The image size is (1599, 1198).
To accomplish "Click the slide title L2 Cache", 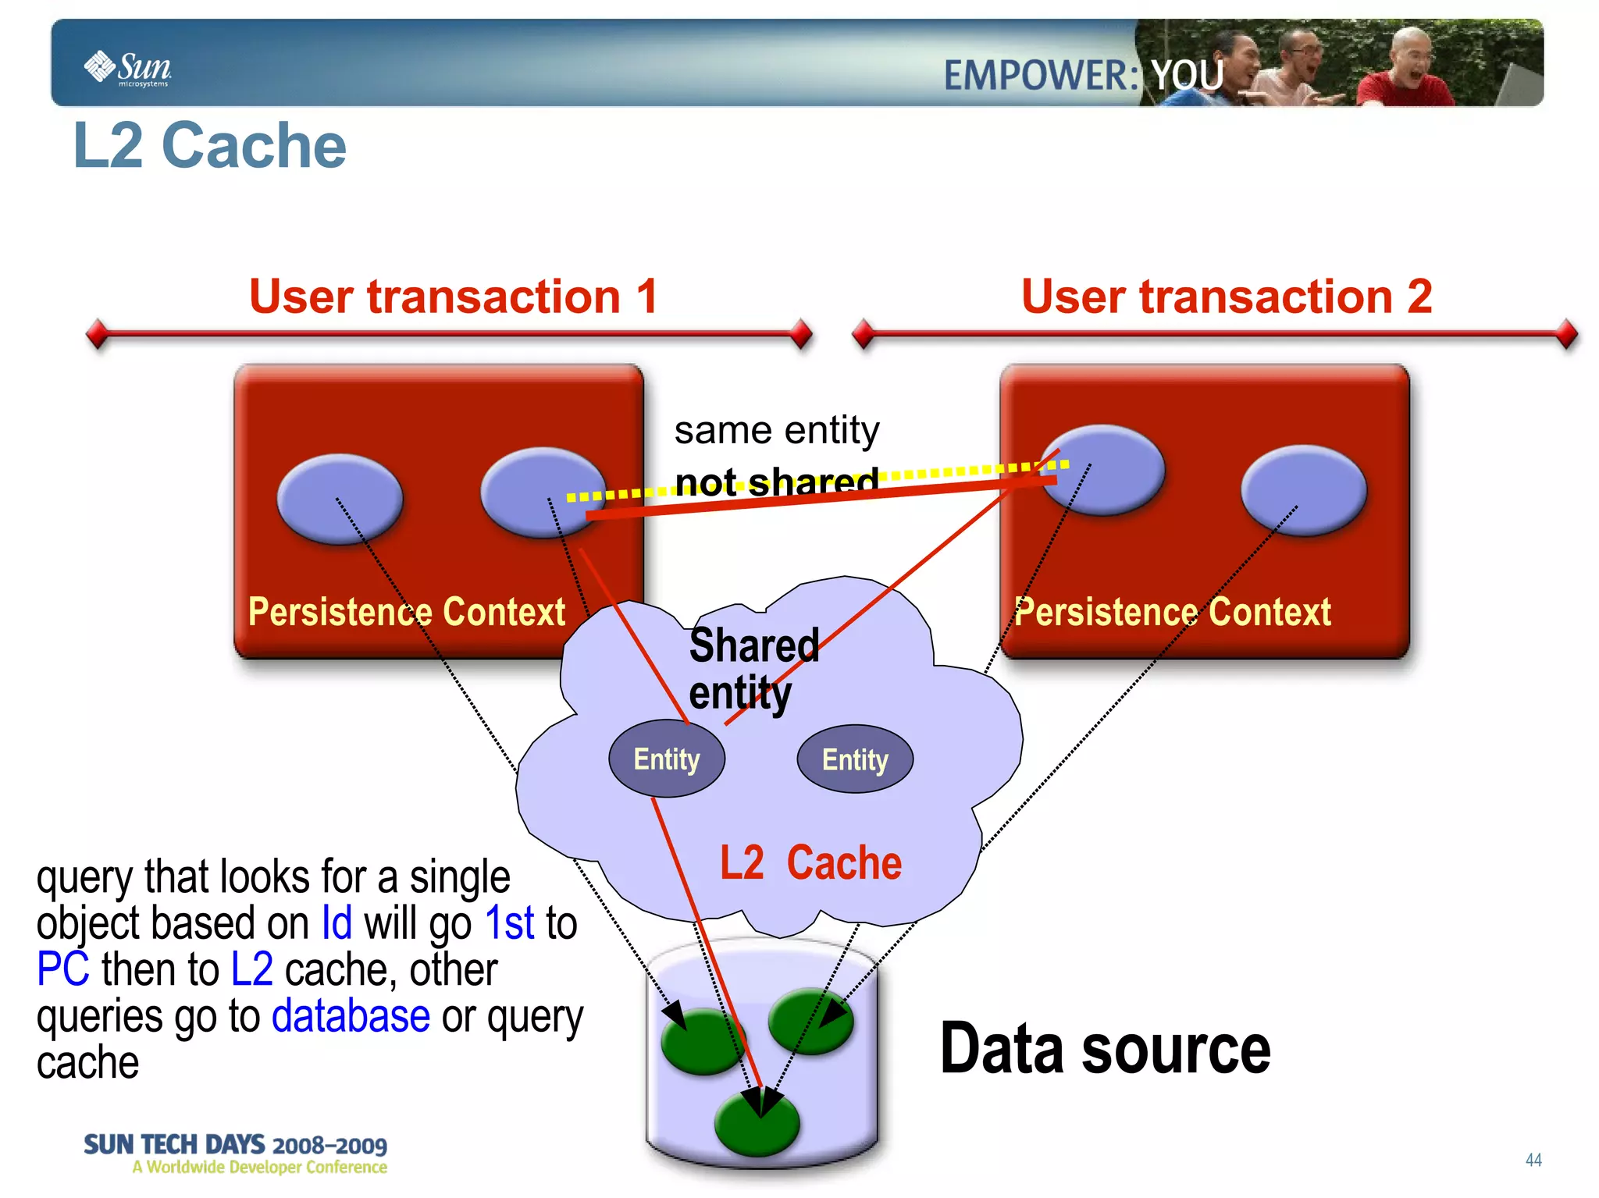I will (x=209, y=146).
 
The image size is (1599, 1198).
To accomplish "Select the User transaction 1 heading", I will (x=454, y=297).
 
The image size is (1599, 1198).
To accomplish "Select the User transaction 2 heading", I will (x=1227, y=297).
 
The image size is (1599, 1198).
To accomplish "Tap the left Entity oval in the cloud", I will (x=666, y=759).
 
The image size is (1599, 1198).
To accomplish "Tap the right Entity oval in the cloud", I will (x=855, y=759).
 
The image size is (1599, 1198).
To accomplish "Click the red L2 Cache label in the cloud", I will (x=810, y=862).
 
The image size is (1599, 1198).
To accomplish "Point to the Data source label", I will (x=1105, y=1048).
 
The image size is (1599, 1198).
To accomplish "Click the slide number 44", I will (x=1533, y=1160).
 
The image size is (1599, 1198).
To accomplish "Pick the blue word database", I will (x=351, y=1015).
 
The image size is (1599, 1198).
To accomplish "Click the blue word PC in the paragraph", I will (x=62, y=969).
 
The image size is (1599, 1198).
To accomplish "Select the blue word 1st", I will (x=509, y=922).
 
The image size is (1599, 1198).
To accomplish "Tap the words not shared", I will (x=776, y=482).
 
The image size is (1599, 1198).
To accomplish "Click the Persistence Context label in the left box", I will (x=406, y=611).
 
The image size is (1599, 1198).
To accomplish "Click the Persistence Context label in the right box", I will (x=1173, y=611).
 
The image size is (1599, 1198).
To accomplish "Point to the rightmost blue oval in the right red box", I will (x=1303, y=490).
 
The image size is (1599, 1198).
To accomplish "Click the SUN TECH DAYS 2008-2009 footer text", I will (x=235, y=1145).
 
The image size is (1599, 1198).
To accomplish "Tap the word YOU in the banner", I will (x=1187, y=76).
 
